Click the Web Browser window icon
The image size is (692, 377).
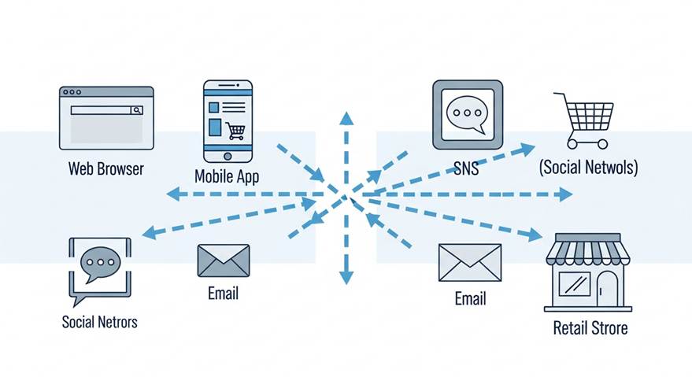tap(106, 118)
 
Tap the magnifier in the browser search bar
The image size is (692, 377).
tap(137, 111)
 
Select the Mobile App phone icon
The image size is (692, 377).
tap(228, 120)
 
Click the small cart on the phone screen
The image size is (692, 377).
tap(235, 130)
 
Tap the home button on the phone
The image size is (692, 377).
tap(228, 155)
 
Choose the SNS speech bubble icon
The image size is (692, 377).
tap(467, 115)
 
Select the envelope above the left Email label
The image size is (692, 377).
tap(224, 261)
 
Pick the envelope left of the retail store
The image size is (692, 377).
tap(470, 262)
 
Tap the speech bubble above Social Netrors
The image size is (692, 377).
tap(100, 266)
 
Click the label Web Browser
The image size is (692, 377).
tap(106, 168)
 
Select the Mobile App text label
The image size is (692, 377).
tap(227, 176)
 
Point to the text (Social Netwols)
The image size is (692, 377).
tap(588, 168)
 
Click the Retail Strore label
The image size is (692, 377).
tap(590, 327)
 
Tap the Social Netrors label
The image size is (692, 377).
tap(99, 321)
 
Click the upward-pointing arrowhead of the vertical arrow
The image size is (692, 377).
tap(345, 119)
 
